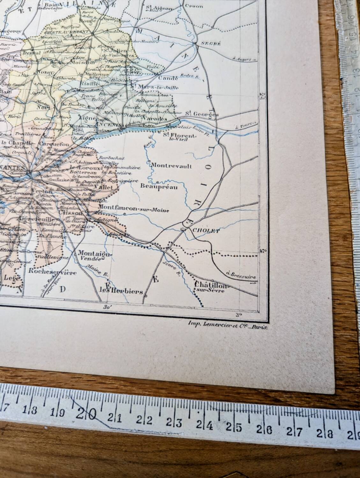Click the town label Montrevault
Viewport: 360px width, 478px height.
tap(172, 166)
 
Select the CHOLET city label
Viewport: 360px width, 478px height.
tap(206, 231)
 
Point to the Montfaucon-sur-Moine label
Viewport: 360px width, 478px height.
tap(134, 209)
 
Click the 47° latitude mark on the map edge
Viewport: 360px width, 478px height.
tap(262, 250)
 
